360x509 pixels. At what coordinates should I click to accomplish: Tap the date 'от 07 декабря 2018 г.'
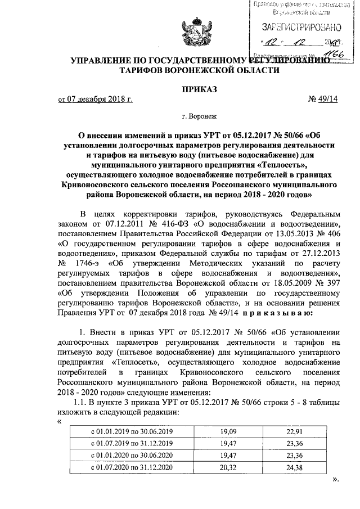coord(96,100)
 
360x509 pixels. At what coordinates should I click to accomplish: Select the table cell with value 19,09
coord(227,431)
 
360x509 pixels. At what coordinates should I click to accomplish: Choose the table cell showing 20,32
coord(227,468)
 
